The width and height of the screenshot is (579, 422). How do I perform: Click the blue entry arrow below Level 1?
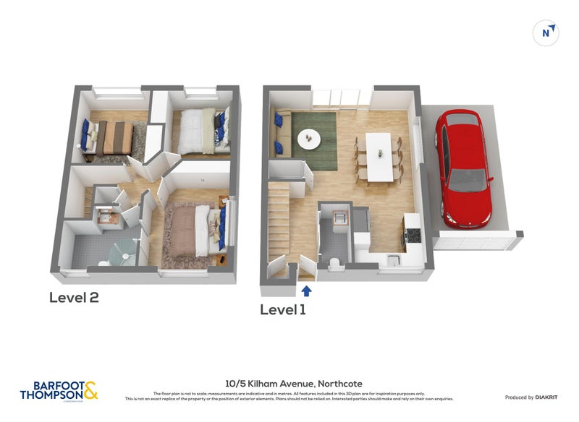(x=306, y=290)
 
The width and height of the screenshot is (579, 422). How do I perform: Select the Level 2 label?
(x=74, y=297)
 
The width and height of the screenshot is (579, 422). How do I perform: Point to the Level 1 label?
(x=283, y=310)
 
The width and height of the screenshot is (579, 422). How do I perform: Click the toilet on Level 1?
(x=334, y=262)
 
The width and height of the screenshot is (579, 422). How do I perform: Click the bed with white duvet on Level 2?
(x=198, y=130)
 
